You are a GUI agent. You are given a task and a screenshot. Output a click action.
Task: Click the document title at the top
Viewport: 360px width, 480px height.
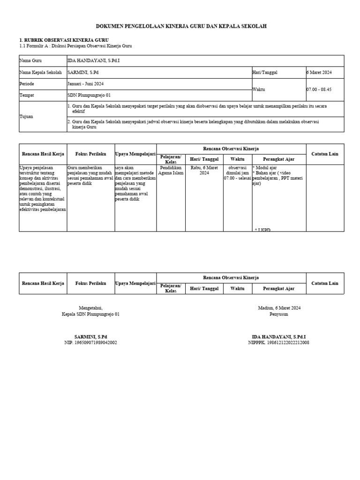coord(181,27)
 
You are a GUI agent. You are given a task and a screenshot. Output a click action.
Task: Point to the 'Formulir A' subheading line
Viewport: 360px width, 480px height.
coord(75,46)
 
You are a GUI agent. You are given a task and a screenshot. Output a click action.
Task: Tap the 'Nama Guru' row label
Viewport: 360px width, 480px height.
coord(30,61)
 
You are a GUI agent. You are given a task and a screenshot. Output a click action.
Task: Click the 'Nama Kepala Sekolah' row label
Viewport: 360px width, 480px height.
coord(40,73)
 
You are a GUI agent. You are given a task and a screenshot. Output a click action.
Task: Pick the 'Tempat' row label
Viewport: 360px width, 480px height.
coord(27,95)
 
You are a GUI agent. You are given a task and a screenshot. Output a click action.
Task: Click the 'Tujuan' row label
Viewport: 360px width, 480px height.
coord(26,116)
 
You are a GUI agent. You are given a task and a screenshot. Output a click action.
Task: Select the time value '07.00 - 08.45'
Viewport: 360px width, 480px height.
coord(319,90)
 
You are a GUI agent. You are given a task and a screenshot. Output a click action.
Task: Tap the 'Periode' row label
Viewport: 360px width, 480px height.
coord(27,84)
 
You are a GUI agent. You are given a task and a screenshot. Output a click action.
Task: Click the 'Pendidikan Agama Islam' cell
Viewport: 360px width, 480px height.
coord(171,170)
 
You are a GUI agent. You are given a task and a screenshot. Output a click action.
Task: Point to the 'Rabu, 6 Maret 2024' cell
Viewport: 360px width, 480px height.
coord(199,170)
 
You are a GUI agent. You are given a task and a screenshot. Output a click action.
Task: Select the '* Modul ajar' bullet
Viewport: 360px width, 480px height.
coord(266,167)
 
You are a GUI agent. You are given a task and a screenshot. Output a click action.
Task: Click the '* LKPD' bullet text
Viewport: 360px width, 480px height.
coord(262,230)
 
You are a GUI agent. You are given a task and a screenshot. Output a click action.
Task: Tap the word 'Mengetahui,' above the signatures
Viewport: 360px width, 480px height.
coord(90,308)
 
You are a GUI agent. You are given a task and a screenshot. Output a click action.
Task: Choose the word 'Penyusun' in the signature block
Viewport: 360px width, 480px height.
coord(279,314)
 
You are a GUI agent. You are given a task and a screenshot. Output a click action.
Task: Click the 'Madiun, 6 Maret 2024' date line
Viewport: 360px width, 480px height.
coord(279,308)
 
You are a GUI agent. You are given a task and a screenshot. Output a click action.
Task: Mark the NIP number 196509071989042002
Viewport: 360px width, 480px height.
coord(90,343)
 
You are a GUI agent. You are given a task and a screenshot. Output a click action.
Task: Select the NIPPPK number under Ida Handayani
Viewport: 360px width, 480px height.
coord(278,343)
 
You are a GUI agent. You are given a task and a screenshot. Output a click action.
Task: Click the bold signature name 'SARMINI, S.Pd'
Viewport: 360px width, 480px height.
coord(90,337)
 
